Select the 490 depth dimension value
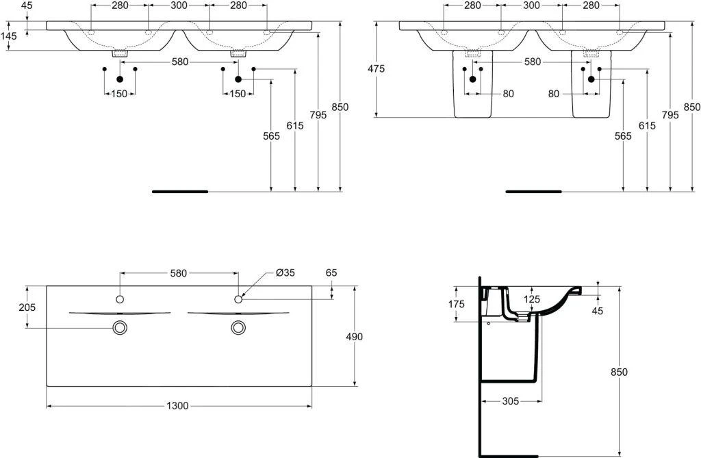pyautogui.click(x=355, y=336)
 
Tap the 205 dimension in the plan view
pyautogui.click(x=27, y=307)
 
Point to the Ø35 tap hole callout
pyautogui.click(x=285, y=273)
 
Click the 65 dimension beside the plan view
pyautogui.click(x=331, y=273)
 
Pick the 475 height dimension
pyautogui.click(x=376, y=68)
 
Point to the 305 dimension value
pyautogui.click(x=509, y=400)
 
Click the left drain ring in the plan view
pyautogui.click(x=120, y=328)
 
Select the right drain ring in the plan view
pyautogui.click(x=239, y=328)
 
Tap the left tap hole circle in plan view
pyautogui.click(x=120, y=299)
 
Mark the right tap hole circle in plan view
pyautogui.click(x=239, y=299)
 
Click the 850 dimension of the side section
pyautogui.click(x=620, y=372)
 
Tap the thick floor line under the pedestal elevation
pyautogui.click(x=533, y=192)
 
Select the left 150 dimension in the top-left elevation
pyautogui.click(x=119, y=94)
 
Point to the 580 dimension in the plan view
pyautogui.click(x=178, y=273)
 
